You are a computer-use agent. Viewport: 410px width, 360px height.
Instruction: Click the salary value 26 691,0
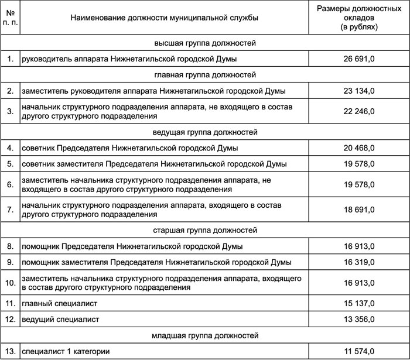360,59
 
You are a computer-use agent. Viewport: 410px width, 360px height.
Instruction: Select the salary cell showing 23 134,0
360,91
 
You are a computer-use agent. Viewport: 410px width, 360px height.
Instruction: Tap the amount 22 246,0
360,111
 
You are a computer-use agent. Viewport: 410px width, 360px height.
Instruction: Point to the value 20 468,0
360,148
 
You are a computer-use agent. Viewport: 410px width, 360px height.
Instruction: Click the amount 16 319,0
360,262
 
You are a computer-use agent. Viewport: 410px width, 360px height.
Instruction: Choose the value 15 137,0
360,304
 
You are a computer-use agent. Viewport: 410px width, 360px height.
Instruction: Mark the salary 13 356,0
360,320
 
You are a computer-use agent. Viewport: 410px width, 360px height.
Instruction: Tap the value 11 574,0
360,351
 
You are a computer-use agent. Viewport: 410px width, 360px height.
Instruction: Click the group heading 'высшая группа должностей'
206,43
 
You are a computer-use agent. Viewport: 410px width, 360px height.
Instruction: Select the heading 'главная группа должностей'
206,75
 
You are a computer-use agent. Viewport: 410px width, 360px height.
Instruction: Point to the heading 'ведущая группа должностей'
206,132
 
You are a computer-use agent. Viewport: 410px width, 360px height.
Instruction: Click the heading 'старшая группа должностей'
206,231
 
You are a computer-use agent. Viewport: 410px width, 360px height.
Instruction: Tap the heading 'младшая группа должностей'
206,335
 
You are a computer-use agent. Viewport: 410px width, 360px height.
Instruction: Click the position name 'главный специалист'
59,304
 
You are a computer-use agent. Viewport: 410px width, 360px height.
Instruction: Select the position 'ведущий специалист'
60,320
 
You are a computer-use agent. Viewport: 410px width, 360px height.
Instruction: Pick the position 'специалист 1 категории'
66,351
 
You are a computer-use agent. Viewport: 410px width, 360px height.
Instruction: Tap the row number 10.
9,283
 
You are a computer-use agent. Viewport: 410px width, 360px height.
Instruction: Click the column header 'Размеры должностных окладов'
360,18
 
